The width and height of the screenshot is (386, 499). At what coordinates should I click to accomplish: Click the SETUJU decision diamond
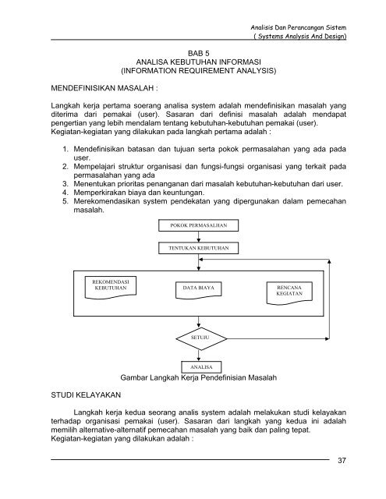(193, 338)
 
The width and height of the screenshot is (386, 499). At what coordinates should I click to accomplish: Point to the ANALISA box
(193, 366)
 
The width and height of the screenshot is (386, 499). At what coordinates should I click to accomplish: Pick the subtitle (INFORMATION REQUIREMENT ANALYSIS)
(193, 75)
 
